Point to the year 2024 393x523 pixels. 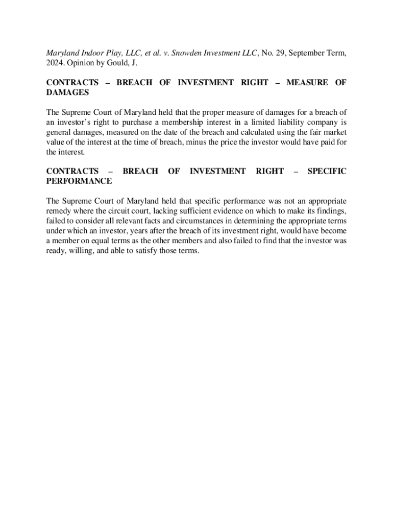[x=55, y=63]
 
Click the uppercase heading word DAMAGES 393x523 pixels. [x=67, y=92]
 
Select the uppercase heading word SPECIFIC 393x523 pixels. [x=326, y=171]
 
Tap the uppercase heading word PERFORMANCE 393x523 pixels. [x=79, y=181]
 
